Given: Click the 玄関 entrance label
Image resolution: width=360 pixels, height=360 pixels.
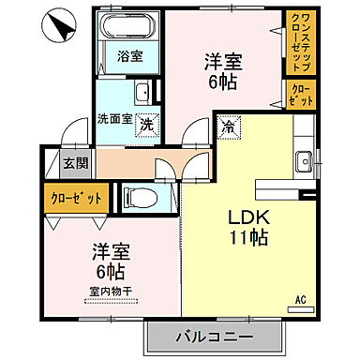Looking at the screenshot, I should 74,162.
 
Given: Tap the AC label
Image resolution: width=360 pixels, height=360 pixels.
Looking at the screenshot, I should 302,300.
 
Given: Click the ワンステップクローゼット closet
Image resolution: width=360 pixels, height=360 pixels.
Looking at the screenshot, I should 302,42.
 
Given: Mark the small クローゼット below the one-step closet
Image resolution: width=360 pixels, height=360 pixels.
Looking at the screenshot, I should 302,94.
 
